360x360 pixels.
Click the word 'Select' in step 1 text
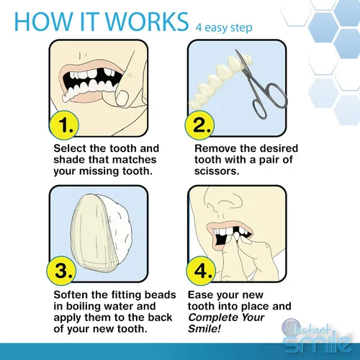(x=71, y=149)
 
